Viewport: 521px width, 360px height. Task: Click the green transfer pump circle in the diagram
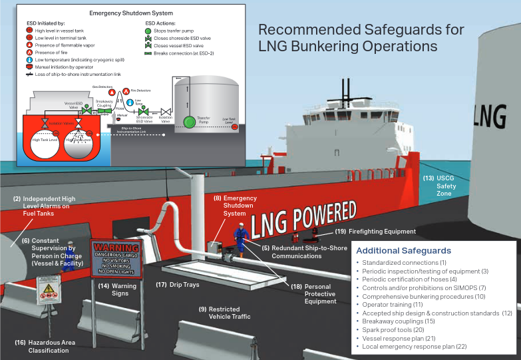(x=190, y=122)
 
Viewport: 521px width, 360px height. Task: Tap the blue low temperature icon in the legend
(x=29, y=59)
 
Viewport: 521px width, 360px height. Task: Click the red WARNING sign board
(x=117, y=259)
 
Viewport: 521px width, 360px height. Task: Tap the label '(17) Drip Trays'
(x=178, y=285)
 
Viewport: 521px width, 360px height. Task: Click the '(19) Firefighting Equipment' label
(x=375, y=232)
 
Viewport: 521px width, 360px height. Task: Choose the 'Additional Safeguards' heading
(x=404, y=251)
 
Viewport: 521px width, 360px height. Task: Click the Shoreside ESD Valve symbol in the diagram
(x=147, y=111)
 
